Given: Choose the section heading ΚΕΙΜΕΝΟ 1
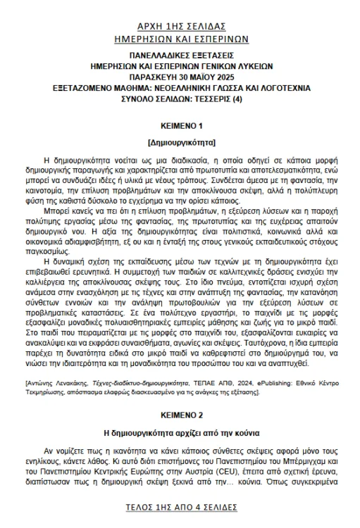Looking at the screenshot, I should pyautogui.click(x=181, y=126).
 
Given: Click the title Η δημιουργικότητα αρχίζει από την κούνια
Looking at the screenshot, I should pyautogui.click(x=181, y=431).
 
